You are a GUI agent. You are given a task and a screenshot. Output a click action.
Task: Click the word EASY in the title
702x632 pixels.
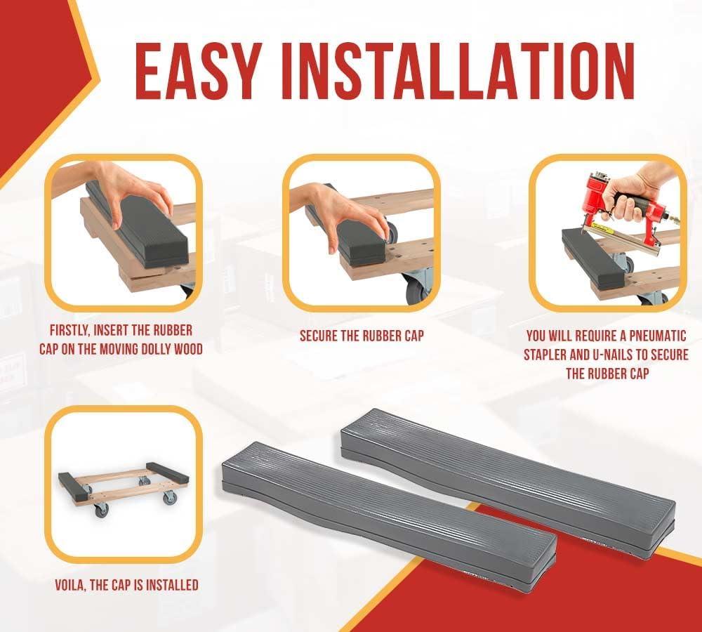tap(197, 71)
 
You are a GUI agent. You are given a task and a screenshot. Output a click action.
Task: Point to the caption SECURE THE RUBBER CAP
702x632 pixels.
tap(362, 336)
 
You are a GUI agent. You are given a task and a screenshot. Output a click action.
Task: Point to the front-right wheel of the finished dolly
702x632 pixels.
tap(169, 498)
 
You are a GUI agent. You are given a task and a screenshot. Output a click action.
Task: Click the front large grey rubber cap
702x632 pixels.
tap(390, 516)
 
